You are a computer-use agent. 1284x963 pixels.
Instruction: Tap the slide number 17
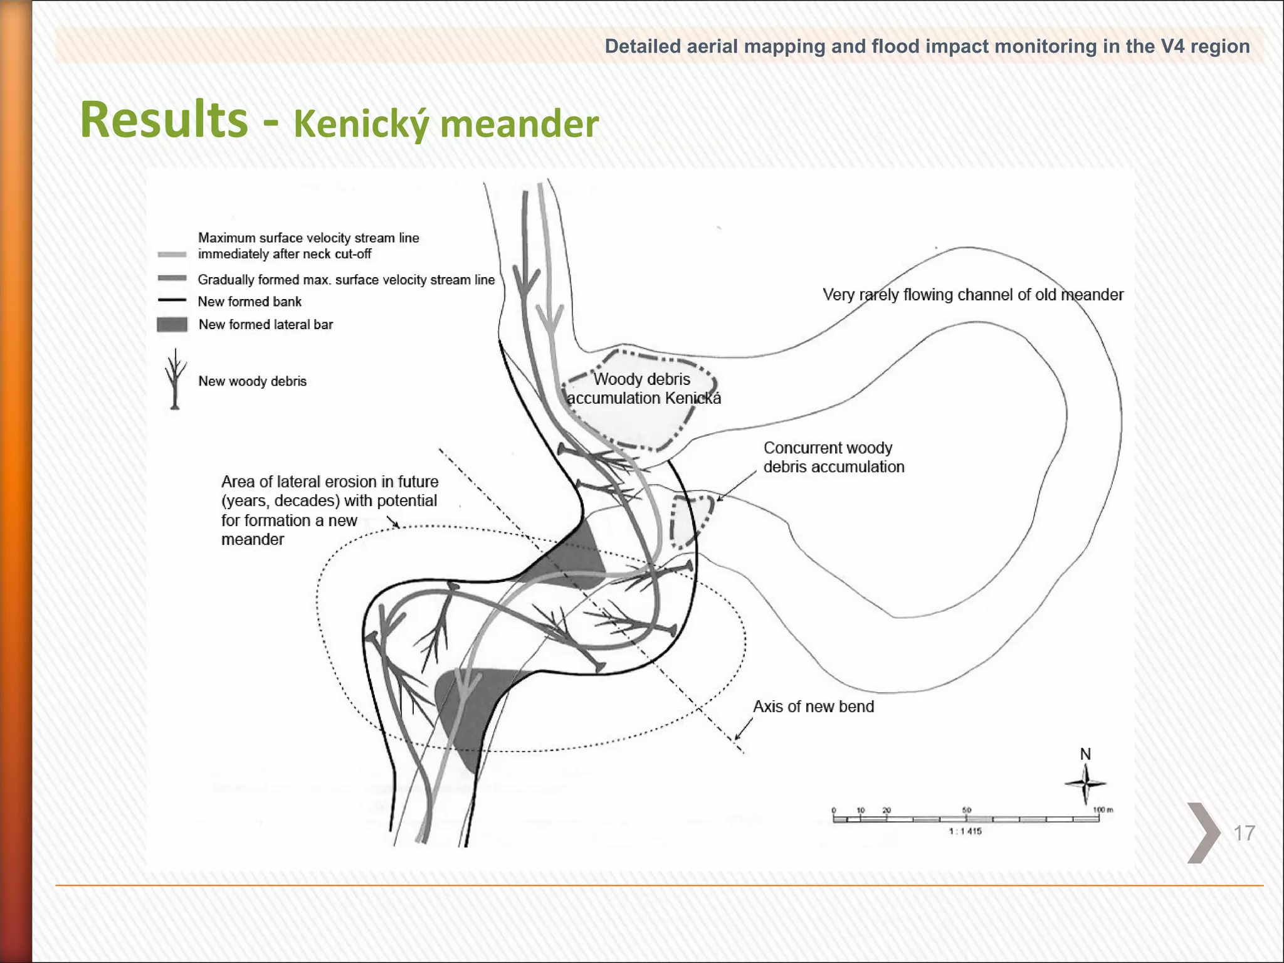pos(1244,833)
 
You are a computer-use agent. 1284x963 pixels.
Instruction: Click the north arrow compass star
pos(1085,784)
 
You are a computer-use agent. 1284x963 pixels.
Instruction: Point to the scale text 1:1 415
pos(966,831)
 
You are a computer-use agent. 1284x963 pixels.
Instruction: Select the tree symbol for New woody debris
pos(176,379)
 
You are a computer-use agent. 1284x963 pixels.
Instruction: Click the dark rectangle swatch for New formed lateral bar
pos(172,324)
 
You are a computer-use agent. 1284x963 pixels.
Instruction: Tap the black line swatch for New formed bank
pos(172,300)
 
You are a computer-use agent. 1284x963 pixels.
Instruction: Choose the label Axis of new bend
pos(813,707)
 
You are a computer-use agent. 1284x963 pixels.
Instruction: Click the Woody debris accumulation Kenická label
pos(643,389)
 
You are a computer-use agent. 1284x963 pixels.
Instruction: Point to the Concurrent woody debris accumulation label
pos(833,457)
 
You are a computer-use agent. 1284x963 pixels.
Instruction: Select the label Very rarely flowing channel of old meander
pos(972,295)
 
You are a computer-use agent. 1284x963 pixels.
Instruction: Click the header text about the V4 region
pos(927,46)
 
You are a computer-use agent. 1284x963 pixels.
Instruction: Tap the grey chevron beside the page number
pos(1202,833)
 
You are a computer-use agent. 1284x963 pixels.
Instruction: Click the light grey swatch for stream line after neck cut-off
pos(172,255)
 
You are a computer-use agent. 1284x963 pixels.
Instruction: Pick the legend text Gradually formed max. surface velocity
pos(346,280)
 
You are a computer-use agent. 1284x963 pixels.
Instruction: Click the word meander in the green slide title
pos(519,124)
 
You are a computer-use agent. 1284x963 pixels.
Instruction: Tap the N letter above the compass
pos(1085,754)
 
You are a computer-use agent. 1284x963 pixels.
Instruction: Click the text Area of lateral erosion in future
pos(330,481)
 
